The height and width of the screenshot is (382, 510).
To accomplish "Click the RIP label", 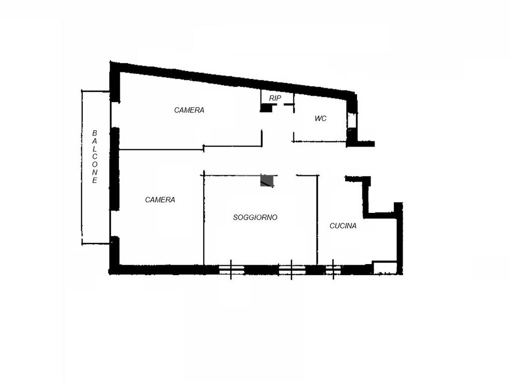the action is (x=275, y=98).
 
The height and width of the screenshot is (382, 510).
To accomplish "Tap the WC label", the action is (x=320, y=118).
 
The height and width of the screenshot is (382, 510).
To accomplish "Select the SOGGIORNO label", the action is (x=255, y=217).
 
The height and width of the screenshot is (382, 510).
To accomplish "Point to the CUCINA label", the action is (x=343, y=226).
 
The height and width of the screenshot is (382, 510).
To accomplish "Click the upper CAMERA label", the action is (x=189, y=110).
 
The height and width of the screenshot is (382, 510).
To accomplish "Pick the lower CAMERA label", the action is (x=160, y=200).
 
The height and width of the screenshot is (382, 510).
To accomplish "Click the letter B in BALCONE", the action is (x=95, y=133).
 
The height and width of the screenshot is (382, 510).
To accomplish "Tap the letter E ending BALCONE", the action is (x=95, y=181).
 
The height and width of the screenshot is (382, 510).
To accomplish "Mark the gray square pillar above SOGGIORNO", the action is (x=267, y=180).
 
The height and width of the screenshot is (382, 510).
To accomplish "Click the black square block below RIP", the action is (x=266, y=108).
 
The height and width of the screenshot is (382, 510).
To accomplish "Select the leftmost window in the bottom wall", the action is (x=231, y=270).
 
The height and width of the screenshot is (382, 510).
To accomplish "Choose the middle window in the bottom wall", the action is (x=292, y=270).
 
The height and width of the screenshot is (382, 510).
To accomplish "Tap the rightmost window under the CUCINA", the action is (x=333, y=270).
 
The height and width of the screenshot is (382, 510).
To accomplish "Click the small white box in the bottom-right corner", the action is (x=385, y=267).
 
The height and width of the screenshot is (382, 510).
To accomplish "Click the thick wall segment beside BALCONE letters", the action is (x=115, y=169).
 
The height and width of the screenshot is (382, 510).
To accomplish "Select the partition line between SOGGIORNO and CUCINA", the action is (x=317, y=220).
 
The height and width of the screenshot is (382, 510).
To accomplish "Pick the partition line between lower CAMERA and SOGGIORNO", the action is (x=204, y=218).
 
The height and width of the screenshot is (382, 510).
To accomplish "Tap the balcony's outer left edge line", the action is (x=82, y=167).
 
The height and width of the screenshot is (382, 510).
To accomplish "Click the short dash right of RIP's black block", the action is (x=288, y=104).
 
